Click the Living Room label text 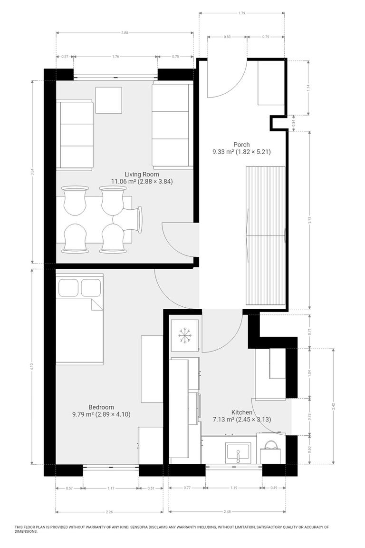click(x=142, y=174)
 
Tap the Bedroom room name click(x=101, y=407)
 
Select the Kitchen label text click(x=241, y=412)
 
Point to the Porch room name click(x=241, y=145)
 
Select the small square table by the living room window click(x=108, y=100)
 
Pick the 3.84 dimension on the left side click(x=32, y=172)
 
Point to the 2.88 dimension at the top click(x=125, y=33)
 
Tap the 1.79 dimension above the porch click(x=242, y=13)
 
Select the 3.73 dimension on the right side click(x=309, y=220)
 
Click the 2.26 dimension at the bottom click(x=109, y=512)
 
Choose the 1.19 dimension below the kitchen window click(x=234, y=488)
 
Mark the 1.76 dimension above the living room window click(x=115, y=57)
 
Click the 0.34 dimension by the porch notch click(x=294, y=122)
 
